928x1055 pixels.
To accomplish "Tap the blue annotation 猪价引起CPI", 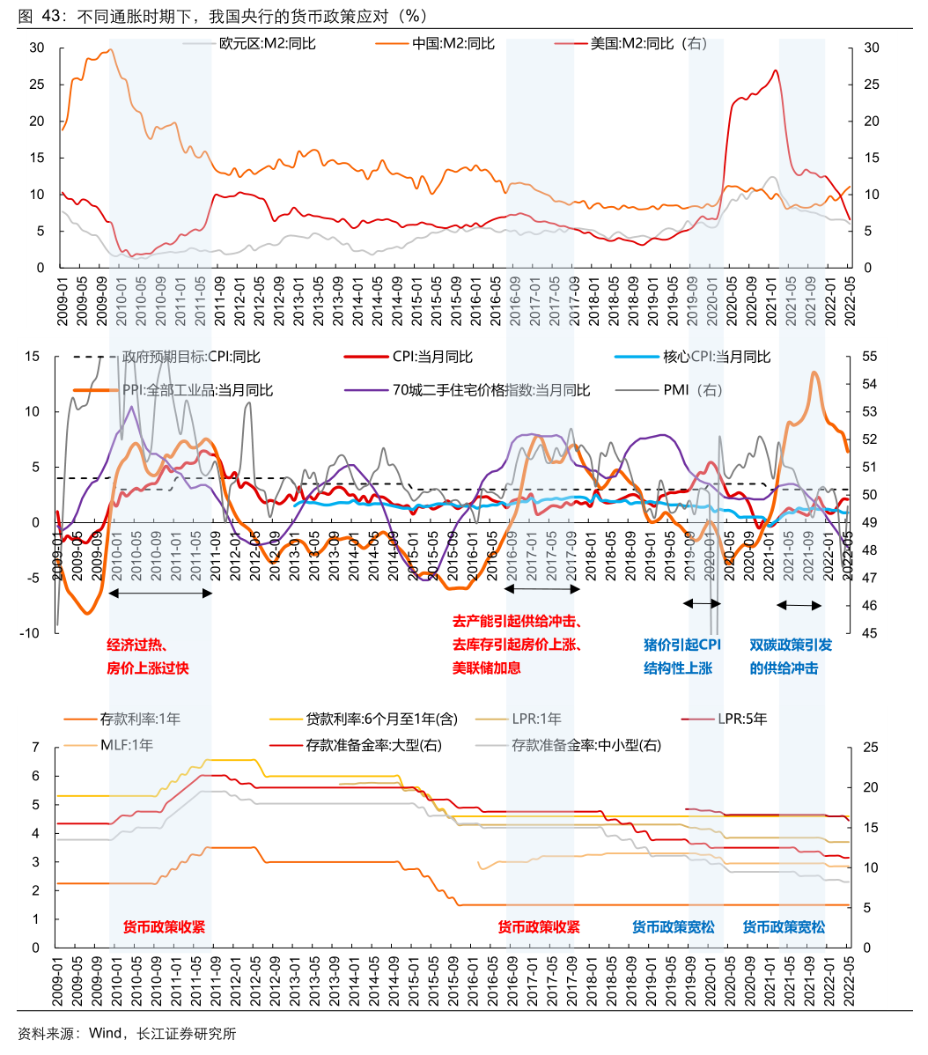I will click(x=682, y=645).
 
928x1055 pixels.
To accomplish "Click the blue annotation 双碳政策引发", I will click(x=791, y=645).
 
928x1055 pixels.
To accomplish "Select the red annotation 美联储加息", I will click(x=487, y=668).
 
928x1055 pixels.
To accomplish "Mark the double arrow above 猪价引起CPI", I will click(x=703, y=603).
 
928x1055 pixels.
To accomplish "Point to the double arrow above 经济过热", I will click(x=159, y=593).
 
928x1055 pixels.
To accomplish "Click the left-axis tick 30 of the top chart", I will click(x=37, y=48).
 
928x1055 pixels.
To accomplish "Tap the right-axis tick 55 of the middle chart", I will click(x=870, y=357).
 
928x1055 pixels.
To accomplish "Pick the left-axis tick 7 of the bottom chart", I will click(x=36, y=748).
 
